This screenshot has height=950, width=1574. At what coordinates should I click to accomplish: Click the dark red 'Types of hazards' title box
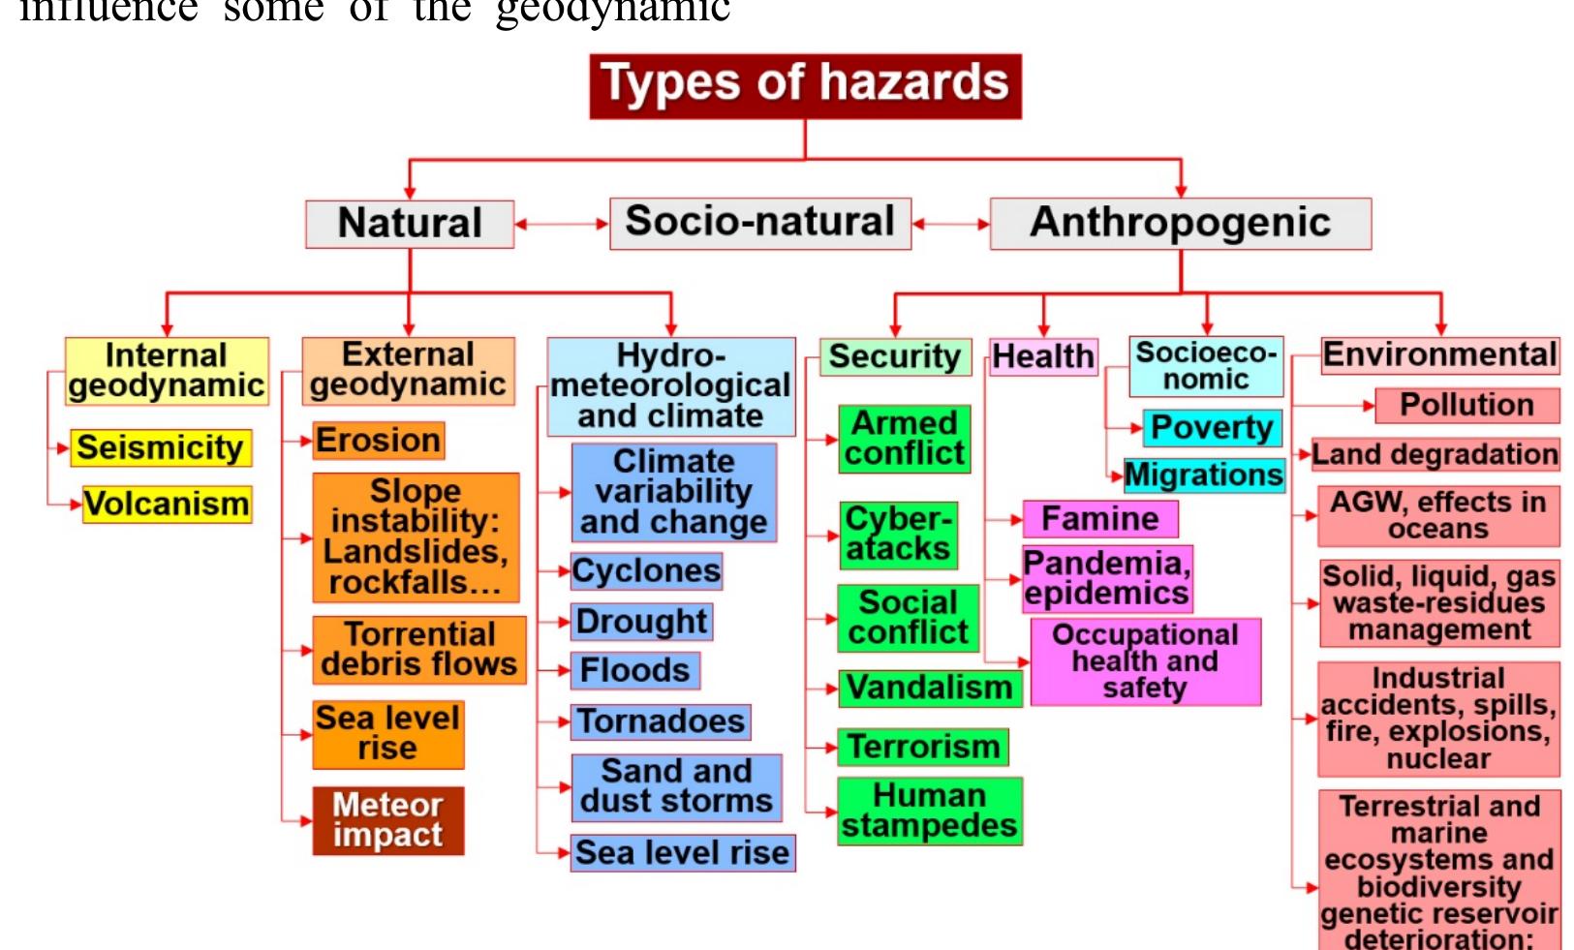click(x=805, y=85)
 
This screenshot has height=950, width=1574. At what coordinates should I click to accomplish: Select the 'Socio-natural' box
click(x=759, y=223)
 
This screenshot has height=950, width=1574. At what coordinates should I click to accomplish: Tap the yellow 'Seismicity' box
click(x=161, y=447)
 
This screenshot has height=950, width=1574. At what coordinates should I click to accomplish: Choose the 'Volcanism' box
click(x=167, y=505)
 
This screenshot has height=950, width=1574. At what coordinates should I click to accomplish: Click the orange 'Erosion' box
click(x=379, y=441)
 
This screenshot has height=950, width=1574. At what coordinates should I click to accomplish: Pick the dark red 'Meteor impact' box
click(x=387, y=820)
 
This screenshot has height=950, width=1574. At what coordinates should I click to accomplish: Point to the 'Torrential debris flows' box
click(x=419, y=650)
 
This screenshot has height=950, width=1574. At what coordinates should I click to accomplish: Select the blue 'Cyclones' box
click(x=646, y=571)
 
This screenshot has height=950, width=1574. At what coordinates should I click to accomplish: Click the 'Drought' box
click(x=641, y=622)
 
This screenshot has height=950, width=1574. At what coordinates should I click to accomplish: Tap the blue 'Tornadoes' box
click(x=661, y=721)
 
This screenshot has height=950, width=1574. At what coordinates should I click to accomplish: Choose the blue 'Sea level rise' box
click(x=682, y=853)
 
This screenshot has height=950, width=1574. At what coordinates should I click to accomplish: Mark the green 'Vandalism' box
click(x=929, y=688)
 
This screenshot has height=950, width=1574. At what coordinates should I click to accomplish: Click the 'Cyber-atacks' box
click(x=898, y=535)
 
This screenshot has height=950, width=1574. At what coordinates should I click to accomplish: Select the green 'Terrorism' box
click(x=923, y=747)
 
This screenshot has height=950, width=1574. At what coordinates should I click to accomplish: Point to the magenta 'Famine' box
click(x=1100, y=519)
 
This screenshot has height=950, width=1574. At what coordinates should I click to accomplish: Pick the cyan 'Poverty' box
click(x=1212, y=428)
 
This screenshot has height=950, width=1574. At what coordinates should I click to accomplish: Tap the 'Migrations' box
click(x=1204, y=475)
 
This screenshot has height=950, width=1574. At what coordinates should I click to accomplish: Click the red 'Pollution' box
click(x=1466, y=405)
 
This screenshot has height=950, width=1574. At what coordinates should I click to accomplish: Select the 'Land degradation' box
click(x=1435, y=454)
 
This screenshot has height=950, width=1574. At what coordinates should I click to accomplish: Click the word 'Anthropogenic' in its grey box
click(x=1180, y=223)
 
